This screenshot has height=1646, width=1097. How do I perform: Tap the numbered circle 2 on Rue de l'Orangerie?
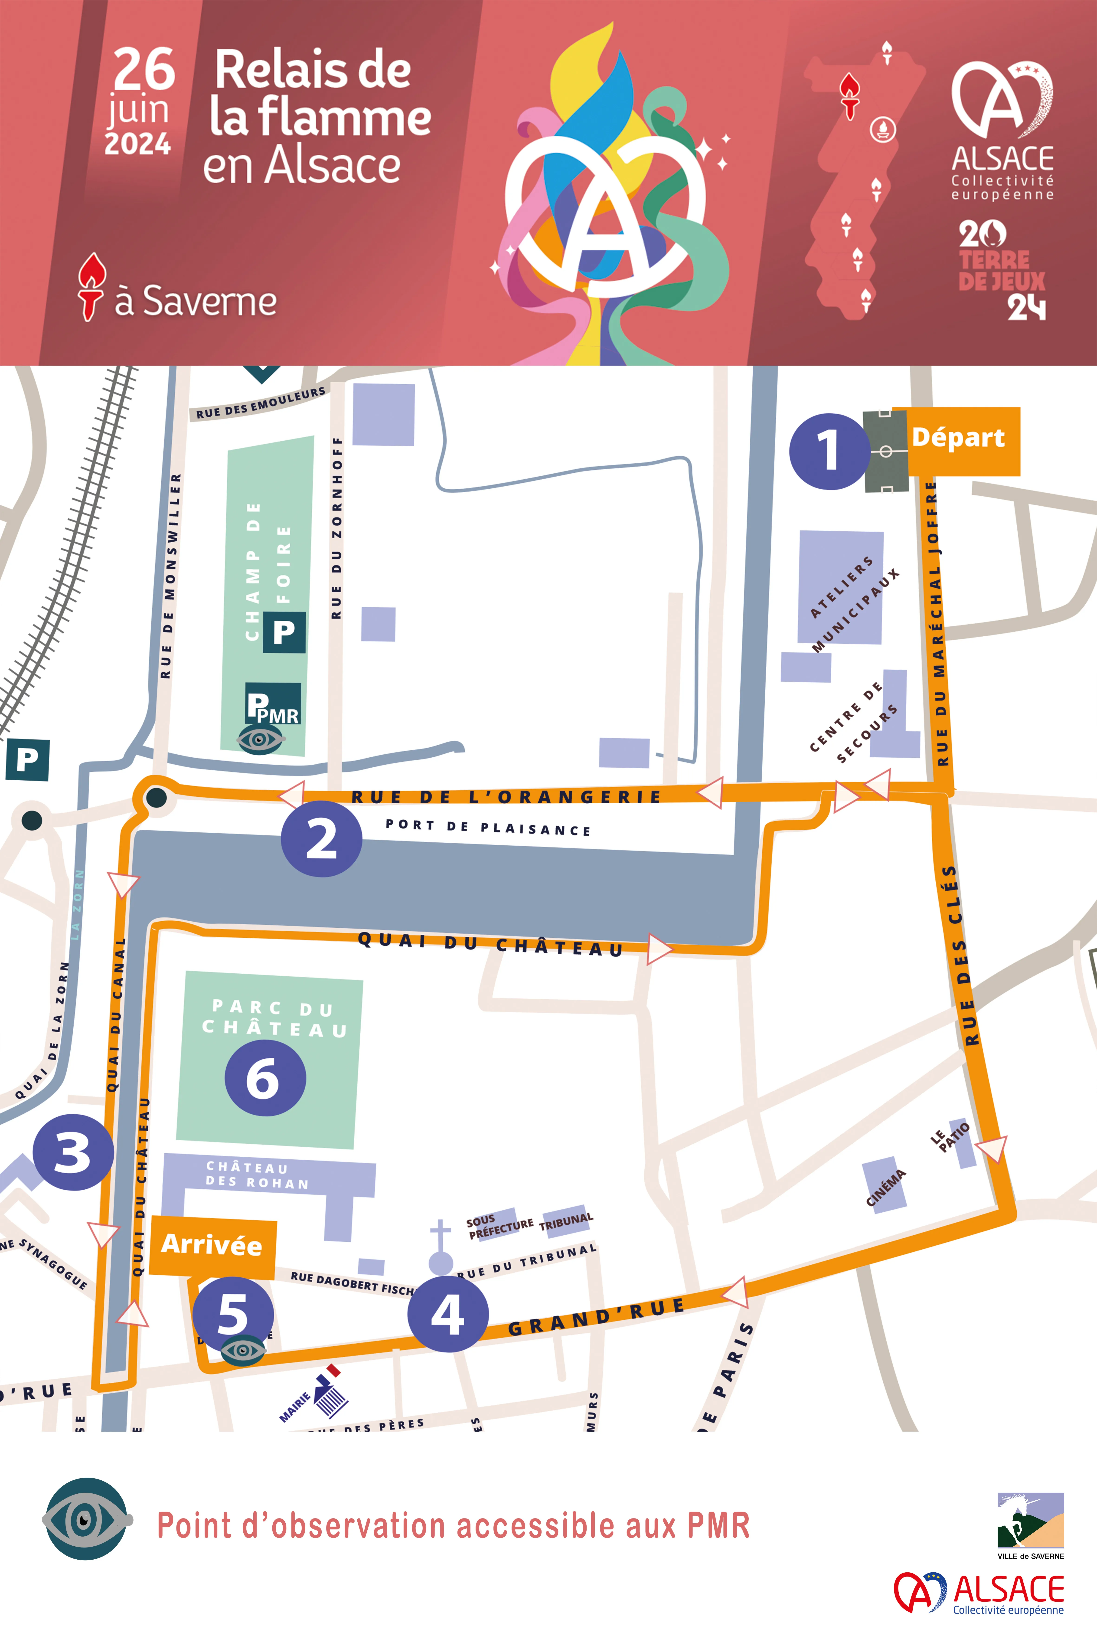321,838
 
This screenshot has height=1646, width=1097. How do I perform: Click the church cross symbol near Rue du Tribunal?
440,1244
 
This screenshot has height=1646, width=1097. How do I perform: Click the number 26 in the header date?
144,70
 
